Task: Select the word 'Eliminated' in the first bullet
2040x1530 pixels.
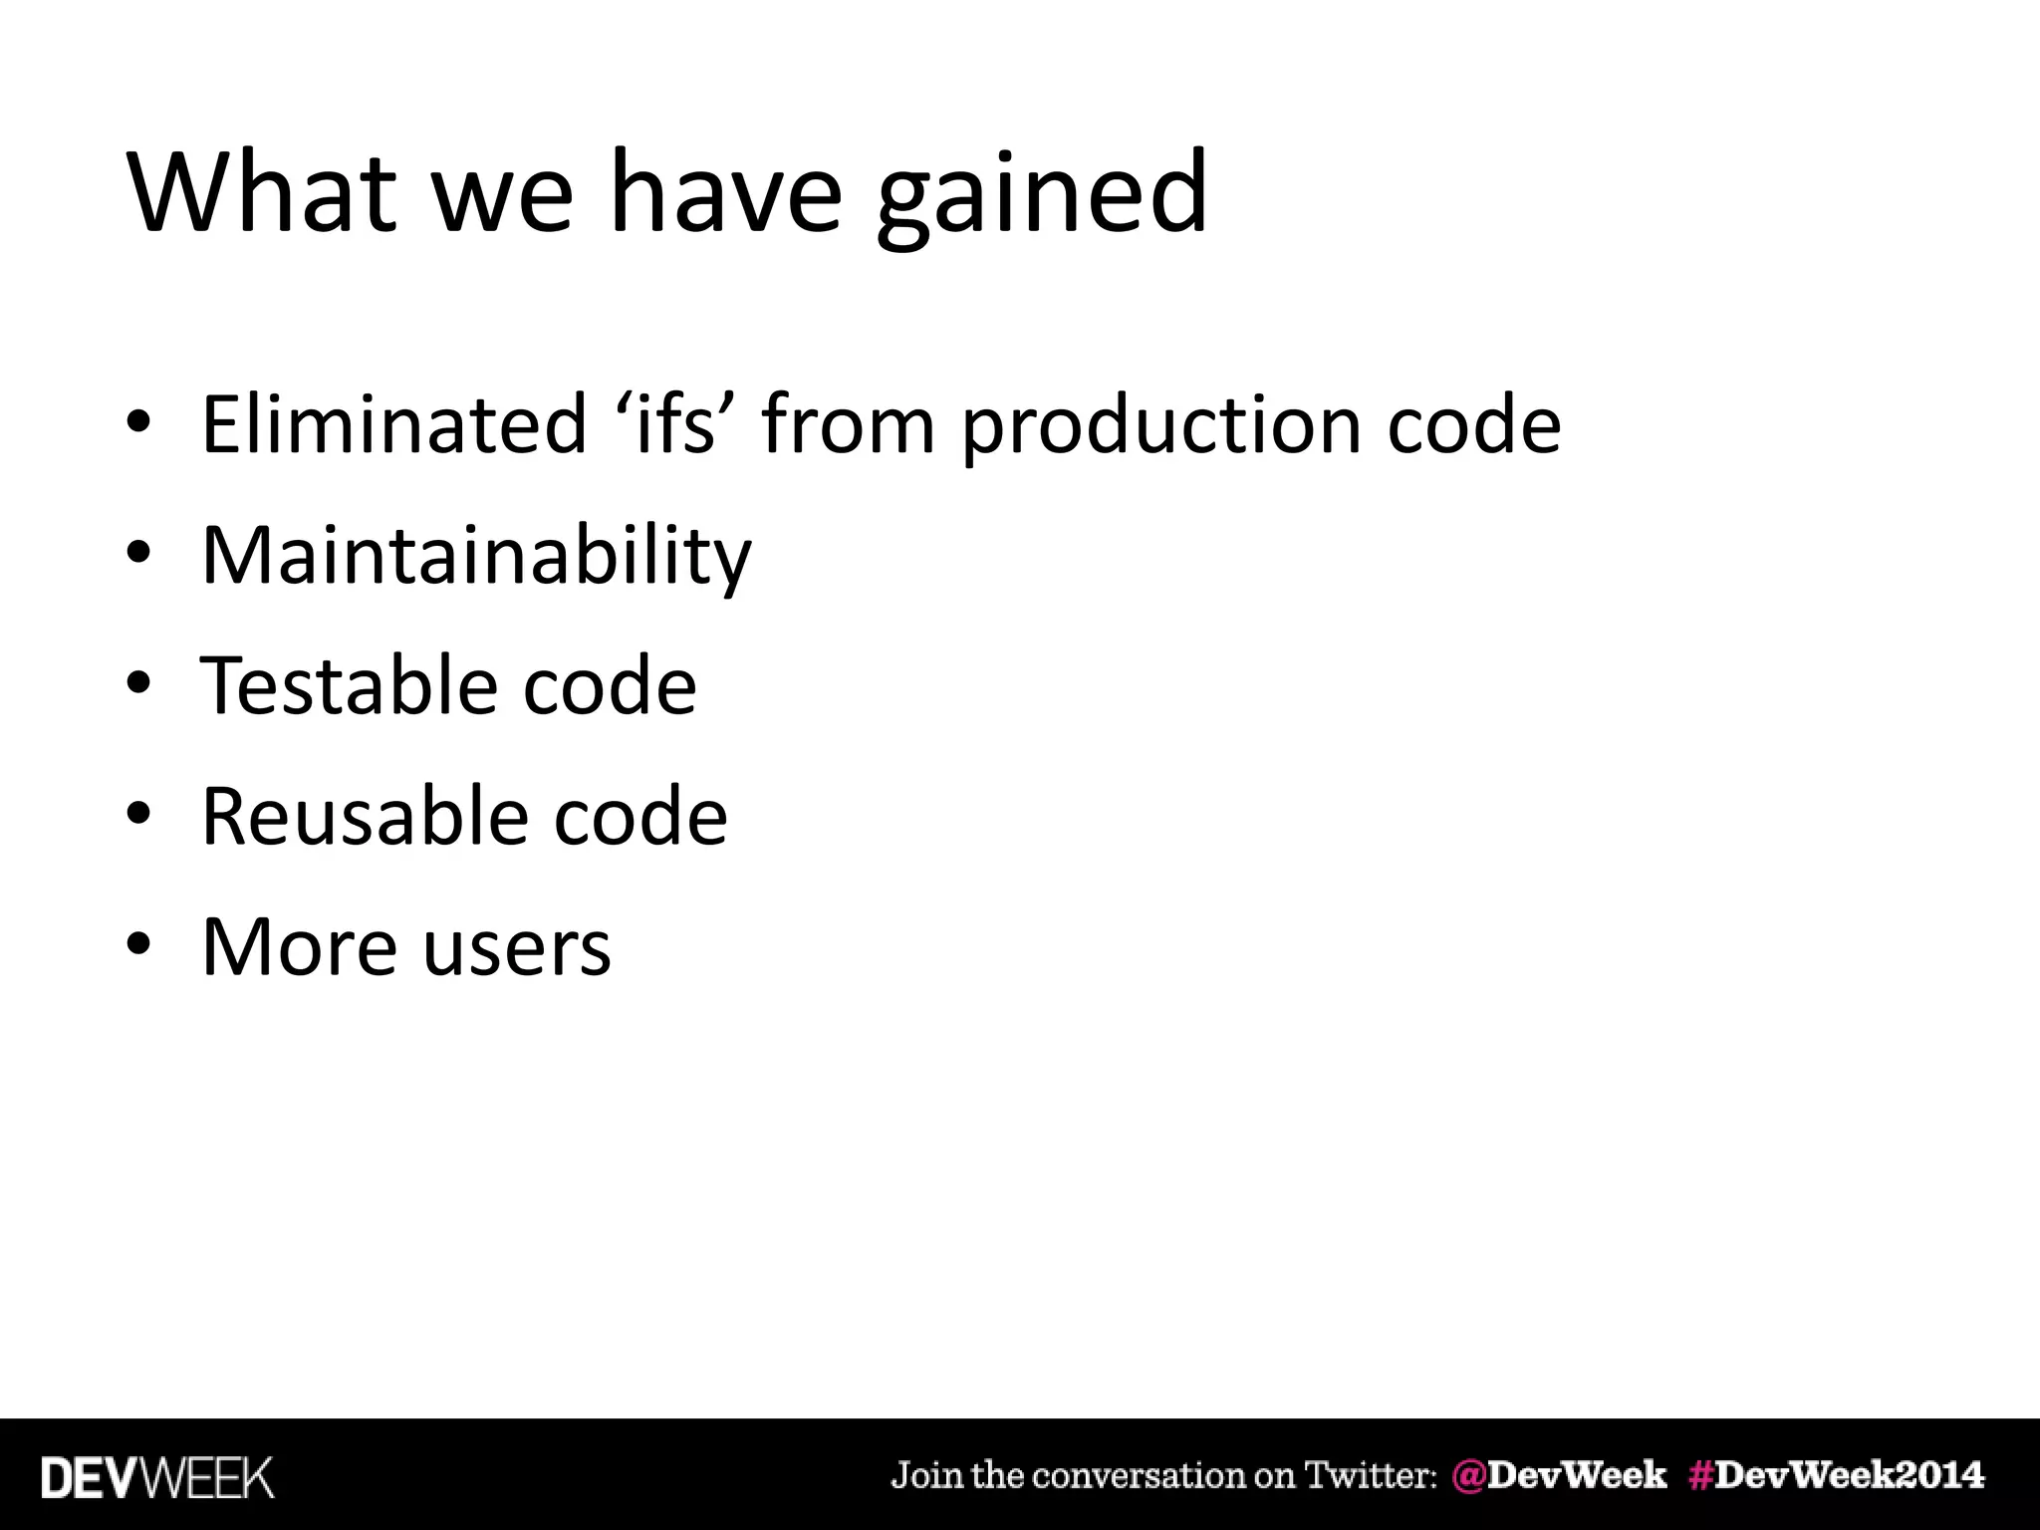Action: [393, 424]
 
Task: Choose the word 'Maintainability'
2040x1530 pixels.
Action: [476, 556]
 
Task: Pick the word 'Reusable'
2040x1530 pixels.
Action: [363, 816]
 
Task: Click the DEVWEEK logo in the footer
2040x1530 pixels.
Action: [157, 1477]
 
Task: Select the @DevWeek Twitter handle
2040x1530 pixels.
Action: [1559, 1475]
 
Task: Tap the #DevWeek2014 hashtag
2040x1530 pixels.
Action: [1836, 1475]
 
